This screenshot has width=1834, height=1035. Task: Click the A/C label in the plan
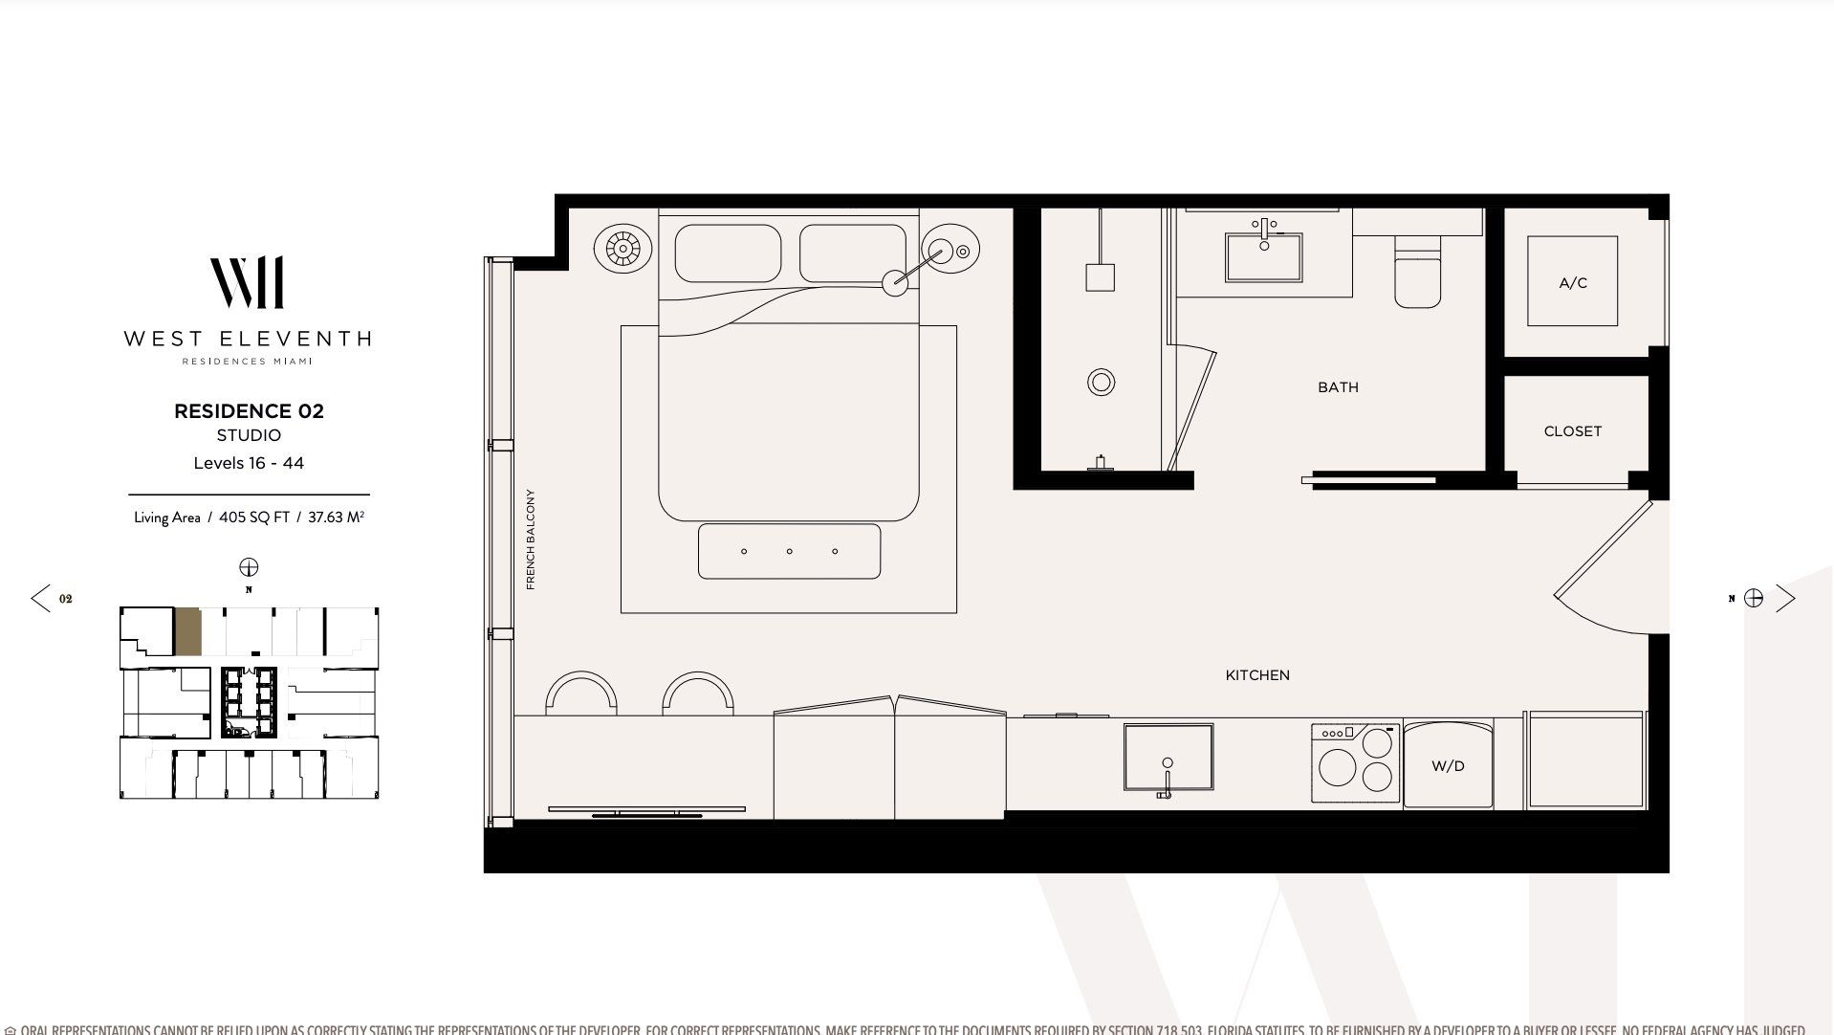pos(1572,283)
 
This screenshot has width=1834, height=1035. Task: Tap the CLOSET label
pos(1572,431)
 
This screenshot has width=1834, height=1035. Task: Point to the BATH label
pos(1338,387)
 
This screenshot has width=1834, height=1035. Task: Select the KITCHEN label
pos(1257,675)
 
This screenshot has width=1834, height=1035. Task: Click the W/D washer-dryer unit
pos(1448,766)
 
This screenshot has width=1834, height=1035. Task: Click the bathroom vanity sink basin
pos(1264,255)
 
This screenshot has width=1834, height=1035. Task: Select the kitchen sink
pos(1168,757)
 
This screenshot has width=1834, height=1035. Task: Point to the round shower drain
pos(1101,383)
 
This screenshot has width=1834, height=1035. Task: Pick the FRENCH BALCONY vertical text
pos(531,539)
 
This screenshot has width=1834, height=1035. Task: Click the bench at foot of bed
pos(789,551)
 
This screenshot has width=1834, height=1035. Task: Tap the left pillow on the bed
pos(728,253)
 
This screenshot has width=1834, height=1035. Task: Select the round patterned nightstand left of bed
pos(622,250)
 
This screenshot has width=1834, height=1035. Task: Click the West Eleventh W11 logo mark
pos(247,282)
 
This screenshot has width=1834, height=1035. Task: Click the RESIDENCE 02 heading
pos(249,411)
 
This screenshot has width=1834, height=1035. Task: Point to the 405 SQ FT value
pos(253,517)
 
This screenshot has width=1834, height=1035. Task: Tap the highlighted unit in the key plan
pos(187,631)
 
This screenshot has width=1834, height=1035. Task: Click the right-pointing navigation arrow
pos(1785,599)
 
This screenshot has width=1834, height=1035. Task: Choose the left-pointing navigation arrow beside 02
pos(40,599)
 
